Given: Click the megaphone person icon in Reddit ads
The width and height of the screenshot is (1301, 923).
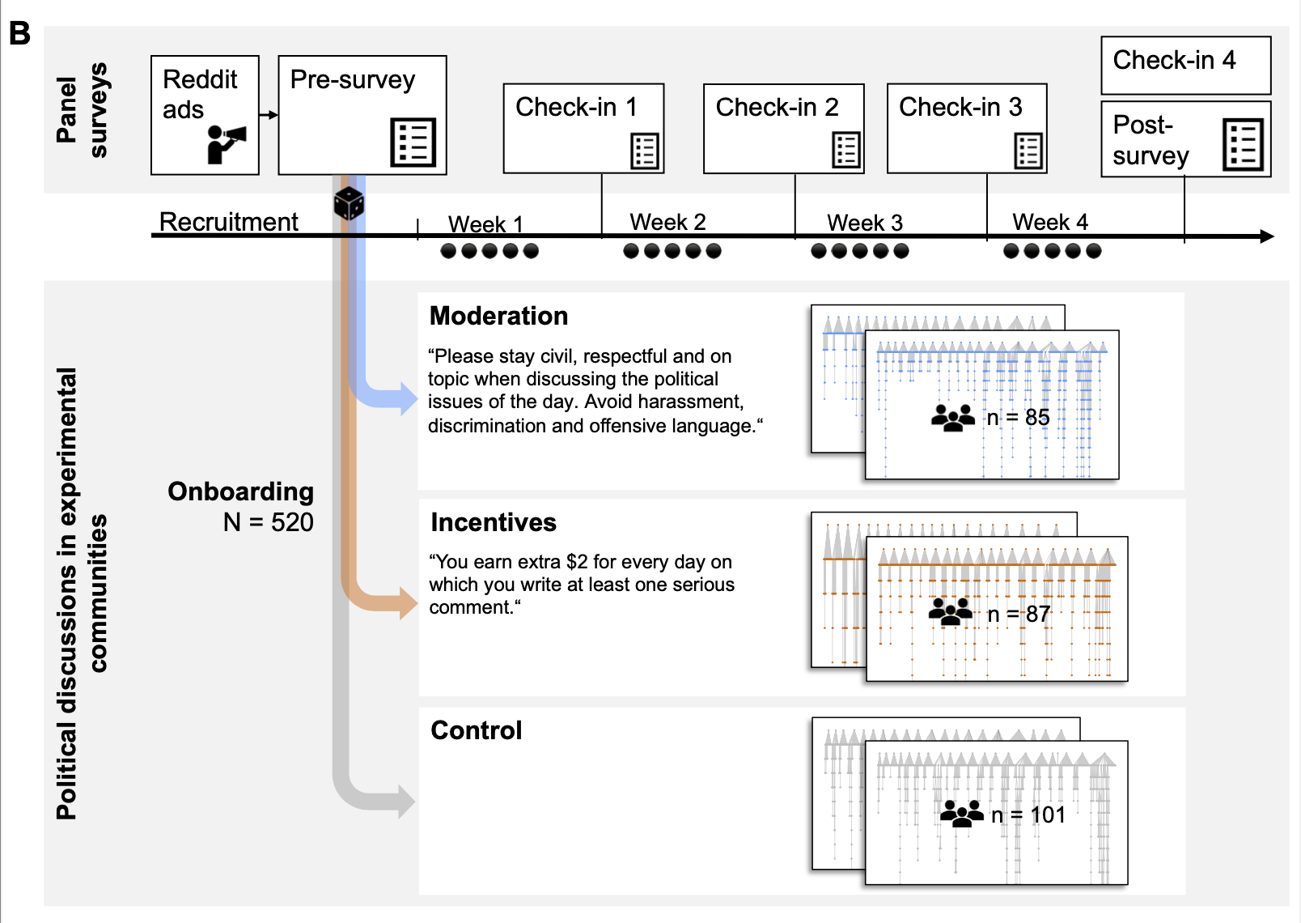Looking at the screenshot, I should pos(226,144).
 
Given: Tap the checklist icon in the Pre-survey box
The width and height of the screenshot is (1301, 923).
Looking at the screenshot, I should pos(413,142).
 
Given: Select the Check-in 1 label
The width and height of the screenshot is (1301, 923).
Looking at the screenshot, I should pos(576,107).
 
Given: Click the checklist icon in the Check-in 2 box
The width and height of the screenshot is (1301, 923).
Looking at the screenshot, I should pos(845,150).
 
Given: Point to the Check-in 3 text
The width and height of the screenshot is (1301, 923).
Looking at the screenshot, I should pos(960,107).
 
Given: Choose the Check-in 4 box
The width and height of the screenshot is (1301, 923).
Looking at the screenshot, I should pos(1185,65).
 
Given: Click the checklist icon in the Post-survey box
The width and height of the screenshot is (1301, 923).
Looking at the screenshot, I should pos(1243,144).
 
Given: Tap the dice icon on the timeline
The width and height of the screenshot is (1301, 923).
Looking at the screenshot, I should pos(349,203).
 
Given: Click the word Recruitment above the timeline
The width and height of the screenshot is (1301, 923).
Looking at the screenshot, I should pos(228,222).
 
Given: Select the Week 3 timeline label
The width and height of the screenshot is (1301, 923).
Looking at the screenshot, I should pos(864,223).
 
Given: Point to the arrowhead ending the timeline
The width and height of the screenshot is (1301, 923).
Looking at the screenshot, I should pos(1267,236).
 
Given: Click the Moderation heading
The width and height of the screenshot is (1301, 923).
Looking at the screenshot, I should pos(498,316).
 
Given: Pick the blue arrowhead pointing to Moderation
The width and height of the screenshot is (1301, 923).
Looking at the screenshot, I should pos(408,398).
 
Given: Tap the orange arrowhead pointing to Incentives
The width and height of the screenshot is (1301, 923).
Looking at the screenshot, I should pos(408,602).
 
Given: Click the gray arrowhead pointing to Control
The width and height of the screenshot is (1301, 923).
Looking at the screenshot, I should pos(406,802).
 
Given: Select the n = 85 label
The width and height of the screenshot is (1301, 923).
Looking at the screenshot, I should pos(1018,418).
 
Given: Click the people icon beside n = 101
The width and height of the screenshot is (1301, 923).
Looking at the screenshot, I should pos(961,813).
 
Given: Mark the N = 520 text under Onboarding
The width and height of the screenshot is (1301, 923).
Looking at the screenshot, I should pos(268,522).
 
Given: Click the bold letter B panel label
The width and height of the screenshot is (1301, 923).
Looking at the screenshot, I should pos(19,34).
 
